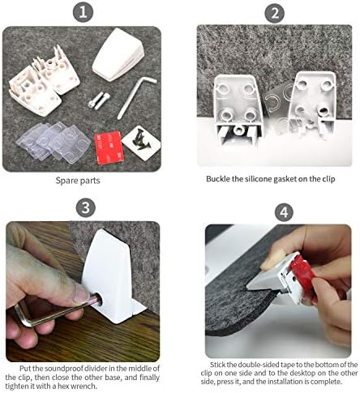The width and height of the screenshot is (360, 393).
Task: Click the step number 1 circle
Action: tap(83, 12)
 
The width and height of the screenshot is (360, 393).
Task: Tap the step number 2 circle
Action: tap(275, 13)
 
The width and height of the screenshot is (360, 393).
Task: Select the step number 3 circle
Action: tap(86, 207)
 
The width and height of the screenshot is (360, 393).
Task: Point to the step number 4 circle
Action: tap(284, 212)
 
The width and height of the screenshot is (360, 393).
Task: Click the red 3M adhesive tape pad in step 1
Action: tap(109, 147)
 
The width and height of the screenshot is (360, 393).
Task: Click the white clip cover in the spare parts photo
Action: tap(118, 55)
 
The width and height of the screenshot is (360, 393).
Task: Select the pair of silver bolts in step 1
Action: tap(99, 100)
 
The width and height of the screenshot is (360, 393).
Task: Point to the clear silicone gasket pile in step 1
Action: tap(54, 142)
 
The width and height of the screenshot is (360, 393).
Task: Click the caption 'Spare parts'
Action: tap(78, 180)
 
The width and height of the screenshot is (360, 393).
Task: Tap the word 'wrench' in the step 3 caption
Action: tap(82, 386)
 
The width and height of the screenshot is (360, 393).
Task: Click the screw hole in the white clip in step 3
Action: tap(99, 299)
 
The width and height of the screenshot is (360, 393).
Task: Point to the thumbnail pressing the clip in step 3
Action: tap(81, 293)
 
